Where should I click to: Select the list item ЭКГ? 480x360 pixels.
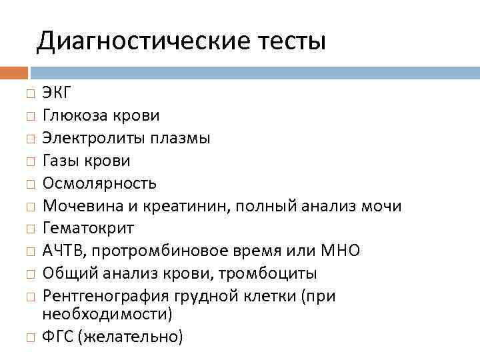click(57, 93)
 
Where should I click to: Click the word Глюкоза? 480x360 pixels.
click(74, 116)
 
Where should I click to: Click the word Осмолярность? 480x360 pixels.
click(99, 183)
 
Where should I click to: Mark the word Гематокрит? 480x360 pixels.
click(88, 229)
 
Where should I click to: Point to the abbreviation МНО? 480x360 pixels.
click(341, 251)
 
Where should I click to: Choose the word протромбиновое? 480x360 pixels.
click(163, 251)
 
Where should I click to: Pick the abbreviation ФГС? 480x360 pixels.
click(57, 337)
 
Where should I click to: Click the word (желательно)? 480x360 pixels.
click(130, 337)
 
